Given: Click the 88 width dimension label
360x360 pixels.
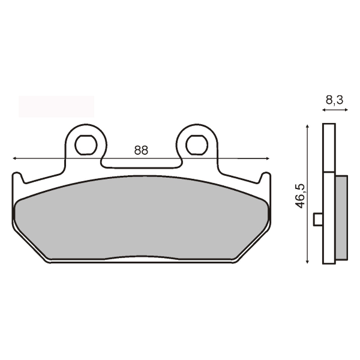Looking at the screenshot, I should click(x=141, y=151).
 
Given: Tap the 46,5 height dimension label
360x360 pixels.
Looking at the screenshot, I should click(x=301, y=196).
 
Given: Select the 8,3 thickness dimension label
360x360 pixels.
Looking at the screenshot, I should click(x=334, y=101).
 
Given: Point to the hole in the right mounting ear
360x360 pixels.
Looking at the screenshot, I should click(x=196, y=144).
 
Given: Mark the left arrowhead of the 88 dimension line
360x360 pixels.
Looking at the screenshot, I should click(x=15, y=158).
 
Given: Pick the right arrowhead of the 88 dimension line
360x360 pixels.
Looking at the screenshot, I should click(x=267, y=158).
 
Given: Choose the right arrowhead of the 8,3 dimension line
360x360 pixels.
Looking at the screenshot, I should click(x=344, y=111).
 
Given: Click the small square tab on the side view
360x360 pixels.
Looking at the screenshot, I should click(x=319, y=220).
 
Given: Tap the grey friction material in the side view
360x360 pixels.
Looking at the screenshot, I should click(x=340, y=216).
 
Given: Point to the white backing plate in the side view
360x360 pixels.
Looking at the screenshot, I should click(x=328, y=192).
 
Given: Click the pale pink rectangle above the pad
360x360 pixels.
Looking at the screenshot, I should click(x=56, y=106).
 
